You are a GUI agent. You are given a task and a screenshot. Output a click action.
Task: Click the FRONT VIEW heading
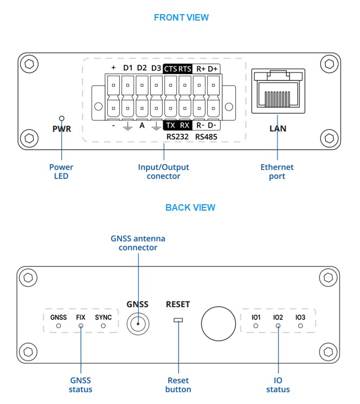click(181, 17)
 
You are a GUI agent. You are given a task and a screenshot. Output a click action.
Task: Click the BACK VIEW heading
click(190, 207)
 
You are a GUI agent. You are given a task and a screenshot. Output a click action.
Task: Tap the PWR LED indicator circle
click(62, 118)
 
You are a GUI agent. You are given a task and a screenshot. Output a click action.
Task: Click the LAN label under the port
click(278, 129)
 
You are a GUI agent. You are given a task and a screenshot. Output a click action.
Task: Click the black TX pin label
click(170, 125)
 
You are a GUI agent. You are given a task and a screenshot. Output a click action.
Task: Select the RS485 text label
click(206, 137)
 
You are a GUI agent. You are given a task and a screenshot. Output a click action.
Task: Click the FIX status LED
click(81, 327)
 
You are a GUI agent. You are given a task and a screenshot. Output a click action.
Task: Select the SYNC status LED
click(103, 327)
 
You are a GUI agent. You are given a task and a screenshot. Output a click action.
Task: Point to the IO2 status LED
click(278, 327)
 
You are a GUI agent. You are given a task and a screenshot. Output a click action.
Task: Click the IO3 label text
click(300, 317)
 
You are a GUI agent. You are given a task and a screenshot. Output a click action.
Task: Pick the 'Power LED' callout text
click(61, 172)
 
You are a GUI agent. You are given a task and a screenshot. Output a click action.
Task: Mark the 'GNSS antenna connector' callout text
click(138, 243)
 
